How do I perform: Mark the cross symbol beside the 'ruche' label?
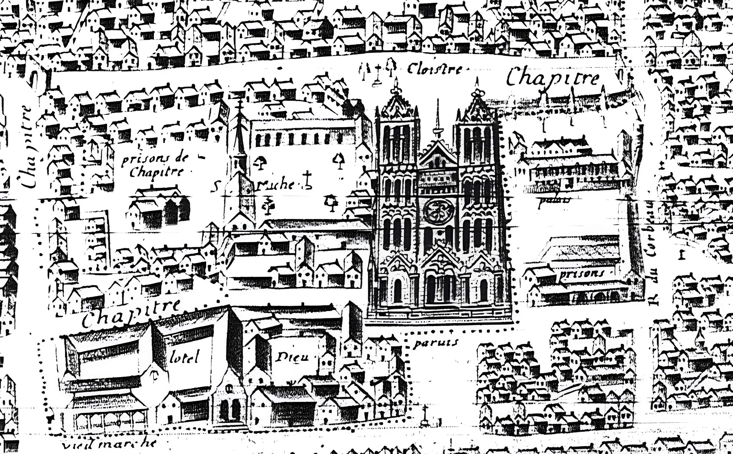tap(307, 180)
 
